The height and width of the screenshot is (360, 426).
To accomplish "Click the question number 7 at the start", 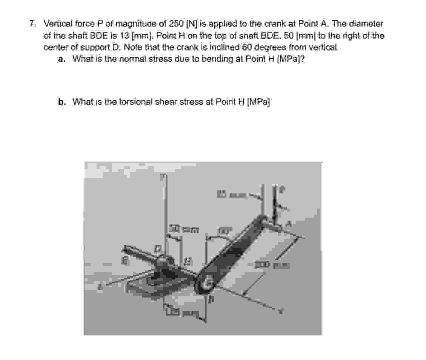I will pyautogui.click(x=33, y=24).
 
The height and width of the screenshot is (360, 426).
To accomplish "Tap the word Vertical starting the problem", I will pyautogui.click(x=58, y=24).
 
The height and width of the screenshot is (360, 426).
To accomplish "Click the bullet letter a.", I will pyautogui.click(x=61, y=59).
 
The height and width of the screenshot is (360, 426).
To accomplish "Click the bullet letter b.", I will pyautogui.click(x=61, y=102).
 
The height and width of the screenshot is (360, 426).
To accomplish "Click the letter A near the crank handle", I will pyautogui.click(x=290, y=224).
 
